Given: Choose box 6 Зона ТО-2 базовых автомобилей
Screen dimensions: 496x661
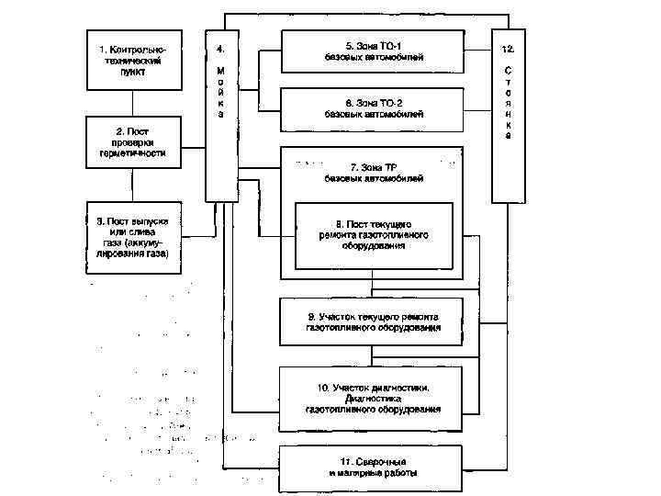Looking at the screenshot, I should coord(372,107).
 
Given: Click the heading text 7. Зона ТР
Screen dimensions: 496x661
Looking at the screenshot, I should coord(373,167).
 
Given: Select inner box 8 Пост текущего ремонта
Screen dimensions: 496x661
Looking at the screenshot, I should coord(373,236).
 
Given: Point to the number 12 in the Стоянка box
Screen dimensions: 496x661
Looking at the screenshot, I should coord(508,46).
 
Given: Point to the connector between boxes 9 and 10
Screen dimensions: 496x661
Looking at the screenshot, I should coord(372,356).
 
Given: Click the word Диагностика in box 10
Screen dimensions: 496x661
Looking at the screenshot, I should coord(373,398).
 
